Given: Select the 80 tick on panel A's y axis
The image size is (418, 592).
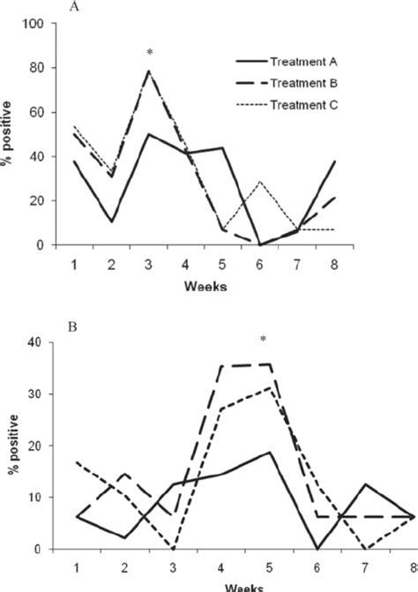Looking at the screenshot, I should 37,68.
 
